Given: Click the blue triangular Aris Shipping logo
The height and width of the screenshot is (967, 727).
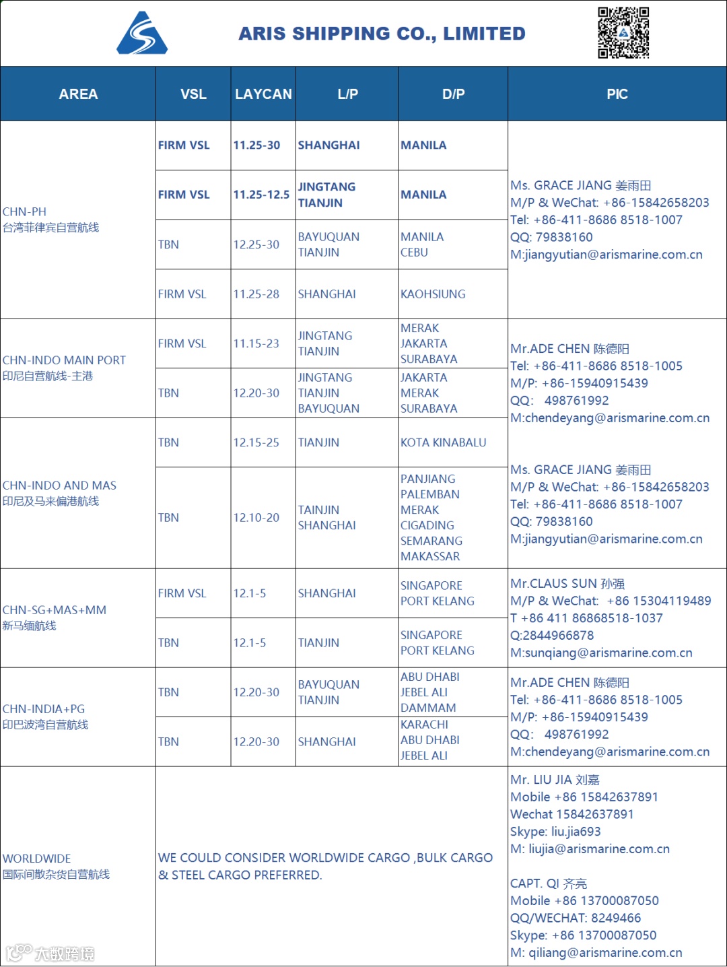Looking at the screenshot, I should pyautogui.click(x=142, y=34).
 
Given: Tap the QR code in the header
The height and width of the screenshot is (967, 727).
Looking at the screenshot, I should pyautogui.click(x=623, y=32).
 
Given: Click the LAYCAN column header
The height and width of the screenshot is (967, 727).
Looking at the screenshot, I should pyautogui.click(x=263, y=94).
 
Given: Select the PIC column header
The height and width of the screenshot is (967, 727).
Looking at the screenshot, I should pyautogui.click(x=617, y=94).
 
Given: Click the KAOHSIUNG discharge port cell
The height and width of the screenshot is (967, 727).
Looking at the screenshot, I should pyautogui.click(x=433, y=294).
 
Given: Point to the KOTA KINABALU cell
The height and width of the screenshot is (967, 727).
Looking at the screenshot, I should pyautogui.click(x=443, y=442).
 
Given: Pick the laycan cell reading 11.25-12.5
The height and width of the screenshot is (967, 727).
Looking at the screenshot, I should pyautogui.click(x=261, y=195).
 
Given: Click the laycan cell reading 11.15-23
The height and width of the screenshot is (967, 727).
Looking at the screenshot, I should pyautogui.click(x=256, y=343).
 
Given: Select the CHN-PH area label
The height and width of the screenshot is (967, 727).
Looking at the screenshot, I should pyautogui.click(x=25, y=211).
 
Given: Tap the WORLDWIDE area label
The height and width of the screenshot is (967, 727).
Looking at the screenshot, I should pyautogui.click(x=37, y=859).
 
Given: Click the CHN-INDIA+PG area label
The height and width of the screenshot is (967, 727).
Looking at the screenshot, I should pyautogui.click(x=44, y=709).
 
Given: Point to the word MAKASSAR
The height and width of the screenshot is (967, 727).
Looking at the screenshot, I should pyautogui.click(x=430, y=556).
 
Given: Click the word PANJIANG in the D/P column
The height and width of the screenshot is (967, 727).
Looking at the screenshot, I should pyautogui.click(x=427, y=479).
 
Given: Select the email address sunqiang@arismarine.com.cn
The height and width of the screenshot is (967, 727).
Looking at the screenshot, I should pyautogui.click(x=609, y=653).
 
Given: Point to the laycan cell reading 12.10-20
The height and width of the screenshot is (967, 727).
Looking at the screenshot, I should pyautogui.click(x=256, y=518).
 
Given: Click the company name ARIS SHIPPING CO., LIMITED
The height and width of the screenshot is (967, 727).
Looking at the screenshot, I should pyautogui.click(x=382, y=34).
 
